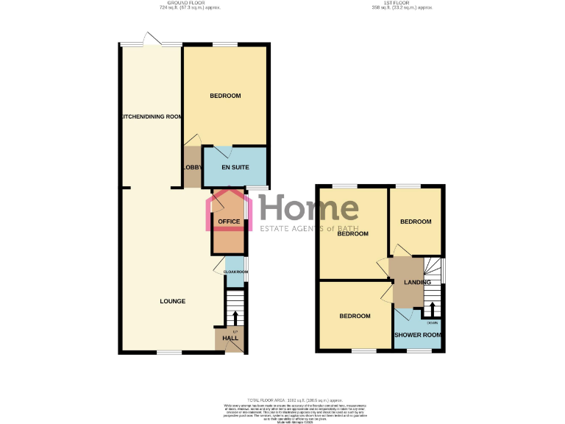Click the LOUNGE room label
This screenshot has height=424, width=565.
click(172, 301)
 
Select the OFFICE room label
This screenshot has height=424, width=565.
click(230, 222)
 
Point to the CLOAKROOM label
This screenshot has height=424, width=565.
click(235, 272)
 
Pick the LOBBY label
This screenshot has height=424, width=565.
click(192, 168)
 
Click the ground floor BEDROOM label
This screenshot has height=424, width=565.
click(225, 96)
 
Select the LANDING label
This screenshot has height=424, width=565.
click(416, 282)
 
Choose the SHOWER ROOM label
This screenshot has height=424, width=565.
click(419, 336)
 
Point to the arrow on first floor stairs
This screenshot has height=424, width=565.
click(433, 308)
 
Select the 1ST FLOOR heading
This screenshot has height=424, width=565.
click(400, 3)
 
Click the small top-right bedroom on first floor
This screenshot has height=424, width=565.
click(416, 222)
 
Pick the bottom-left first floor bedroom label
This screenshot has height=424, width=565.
click(355, 316)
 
